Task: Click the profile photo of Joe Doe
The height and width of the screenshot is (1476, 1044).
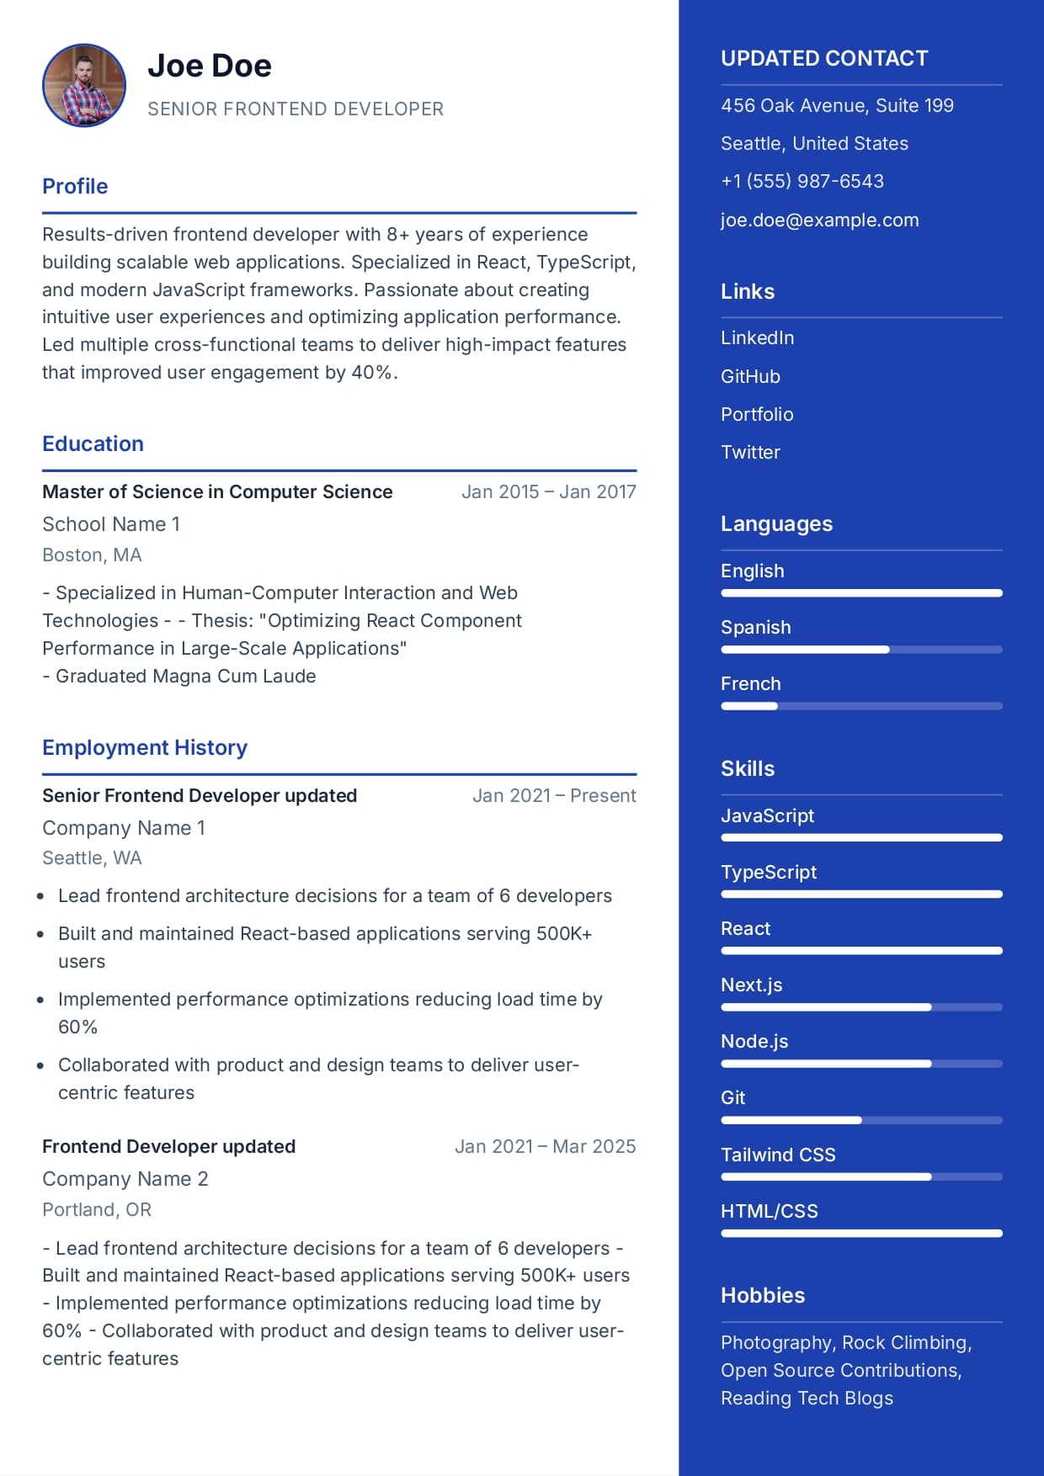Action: click(84, 85)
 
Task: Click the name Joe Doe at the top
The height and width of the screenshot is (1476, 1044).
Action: click(210, 66)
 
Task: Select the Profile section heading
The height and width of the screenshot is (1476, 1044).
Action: click(75, 186)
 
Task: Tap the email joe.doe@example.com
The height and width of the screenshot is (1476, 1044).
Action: click(819, 220)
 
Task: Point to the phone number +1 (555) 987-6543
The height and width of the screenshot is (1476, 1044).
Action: click(802, 181)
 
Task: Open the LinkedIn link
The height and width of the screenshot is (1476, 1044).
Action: click(757, 337)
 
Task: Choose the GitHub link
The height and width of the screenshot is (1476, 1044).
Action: click(750, 376)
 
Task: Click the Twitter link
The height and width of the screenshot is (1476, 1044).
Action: click(750, 452)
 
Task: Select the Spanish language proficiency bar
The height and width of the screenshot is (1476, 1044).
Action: click(861, 650)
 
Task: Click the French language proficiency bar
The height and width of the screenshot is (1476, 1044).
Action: click(861, 706)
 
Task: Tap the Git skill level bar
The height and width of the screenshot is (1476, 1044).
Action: click(861, 1120)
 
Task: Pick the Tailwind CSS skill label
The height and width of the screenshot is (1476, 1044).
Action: click(778, 1155)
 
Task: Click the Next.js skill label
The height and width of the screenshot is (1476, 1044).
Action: click(751, 985)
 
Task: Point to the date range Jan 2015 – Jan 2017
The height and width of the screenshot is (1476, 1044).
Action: click(548, 491)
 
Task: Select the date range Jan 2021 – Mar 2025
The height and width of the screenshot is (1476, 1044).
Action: click(545, 1146)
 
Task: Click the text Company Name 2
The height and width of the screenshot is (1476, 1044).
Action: click(125, 1179)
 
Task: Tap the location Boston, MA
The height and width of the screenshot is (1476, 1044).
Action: click(92, 555)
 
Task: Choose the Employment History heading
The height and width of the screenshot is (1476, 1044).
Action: click(145, 747)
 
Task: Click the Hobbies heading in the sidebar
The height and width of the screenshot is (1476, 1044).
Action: click(762, 1295)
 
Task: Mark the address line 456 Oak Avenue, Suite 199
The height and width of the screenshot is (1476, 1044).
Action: click(837, 105)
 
